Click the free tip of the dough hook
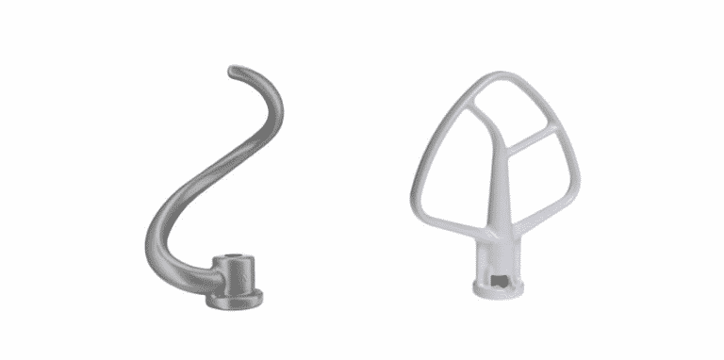[233, 71]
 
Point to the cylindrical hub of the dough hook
[233, 275]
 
